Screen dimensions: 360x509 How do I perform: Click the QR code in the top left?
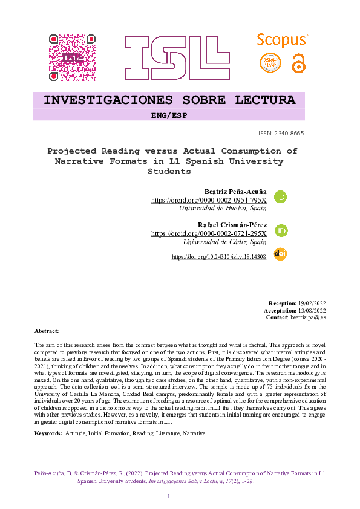point(72,57)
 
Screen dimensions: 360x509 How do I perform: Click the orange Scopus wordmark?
point(282,41)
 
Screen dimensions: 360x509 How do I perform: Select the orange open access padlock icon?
point(299,63)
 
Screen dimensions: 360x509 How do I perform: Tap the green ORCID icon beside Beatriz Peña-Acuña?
point(281,197)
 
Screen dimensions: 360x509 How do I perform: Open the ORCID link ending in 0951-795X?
point(208,199)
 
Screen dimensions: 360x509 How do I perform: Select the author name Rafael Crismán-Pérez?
point(232,225)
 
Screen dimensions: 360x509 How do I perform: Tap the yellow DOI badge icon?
point(280,254)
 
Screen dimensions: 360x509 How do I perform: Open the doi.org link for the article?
point(219,257)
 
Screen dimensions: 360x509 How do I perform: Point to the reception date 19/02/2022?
point(312,303)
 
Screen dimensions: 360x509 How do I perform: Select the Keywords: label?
point(48,433)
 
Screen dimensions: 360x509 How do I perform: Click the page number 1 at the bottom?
point(169,496)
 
